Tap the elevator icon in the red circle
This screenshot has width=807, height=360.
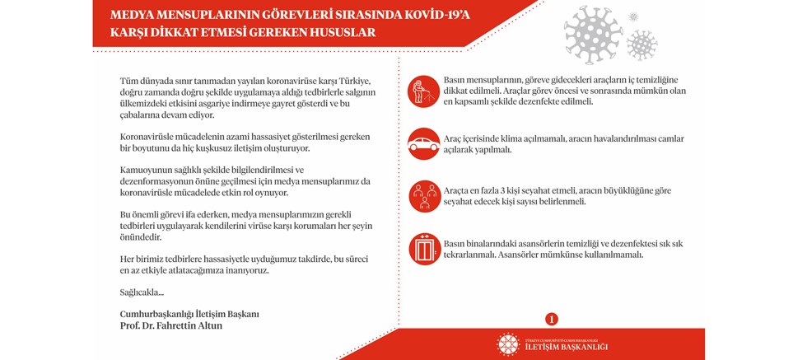pos(423,248)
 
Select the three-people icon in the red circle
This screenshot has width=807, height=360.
pos(423,195)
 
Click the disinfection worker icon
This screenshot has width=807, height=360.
pos(423,91)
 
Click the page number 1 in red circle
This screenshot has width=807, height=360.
pos(552,319)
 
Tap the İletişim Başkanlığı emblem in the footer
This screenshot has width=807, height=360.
pos(508,344)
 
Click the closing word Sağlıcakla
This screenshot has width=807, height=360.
pos(142,292)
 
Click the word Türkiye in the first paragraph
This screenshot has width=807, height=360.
pos(352,79)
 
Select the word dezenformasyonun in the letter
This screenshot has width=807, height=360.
pos(164,181)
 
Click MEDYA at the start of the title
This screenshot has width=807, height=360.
pos(132,14)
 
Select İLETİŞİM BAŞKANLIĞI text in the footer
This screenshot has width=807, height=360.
pos(567,346)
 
